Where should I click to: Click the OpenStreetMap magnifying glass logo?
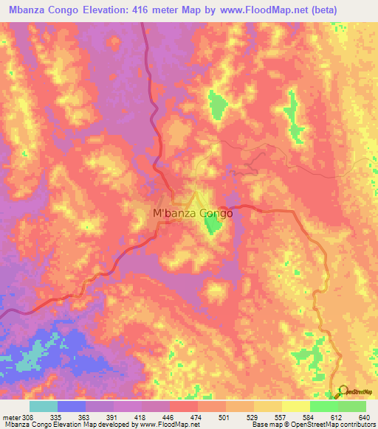[343, 392]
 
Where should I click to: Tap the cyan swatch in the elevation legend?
[44, 406]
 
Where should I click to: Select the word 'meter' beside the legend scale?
[11, 417]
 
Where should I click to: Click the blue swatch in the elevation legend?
[72, 406]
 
